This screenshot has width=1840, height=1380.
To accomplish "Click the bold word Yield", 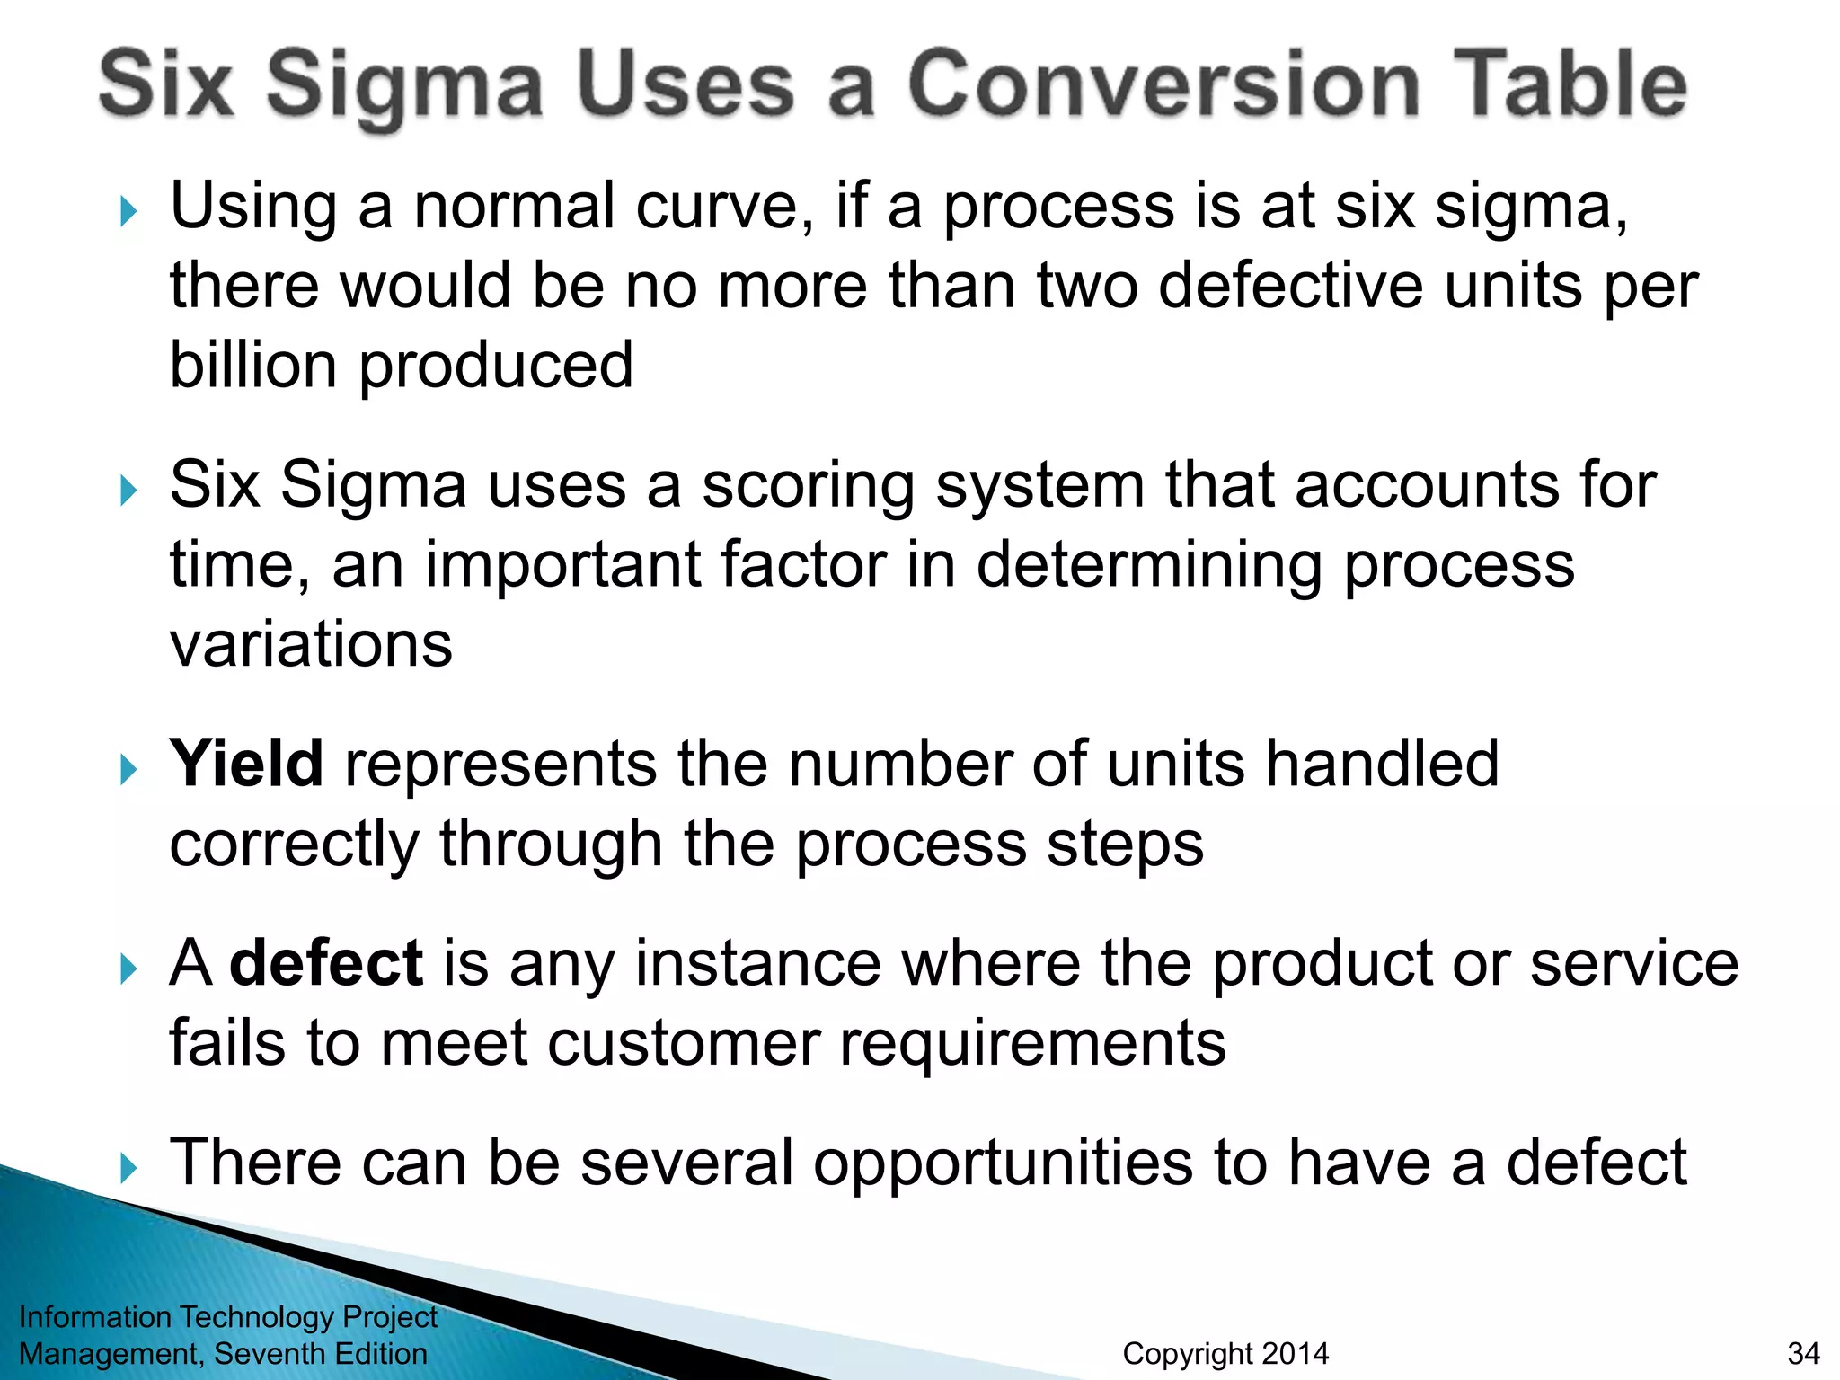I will (246, 764).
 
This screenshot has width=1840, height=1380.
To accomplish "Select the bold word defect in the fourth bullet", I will (326, 963).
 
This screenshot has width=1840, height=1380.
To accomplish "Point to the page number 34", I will (1803, 1353).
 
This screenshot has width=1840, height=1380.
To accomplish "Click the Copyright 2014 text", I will (1225, 1353).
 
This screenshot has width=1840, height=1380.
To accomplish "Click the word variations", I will (311, 644).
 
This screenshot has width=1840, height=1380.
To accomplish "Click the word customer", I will (683, 1043).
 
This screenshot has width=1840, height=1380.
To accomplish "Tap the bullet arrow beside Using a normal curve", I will (128, 212).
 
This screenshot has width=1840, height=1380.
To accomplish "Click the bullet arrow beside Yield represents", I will (128, 770).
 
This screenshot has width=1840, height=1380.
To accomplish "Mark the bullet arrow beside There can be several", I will (128, 1168).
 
